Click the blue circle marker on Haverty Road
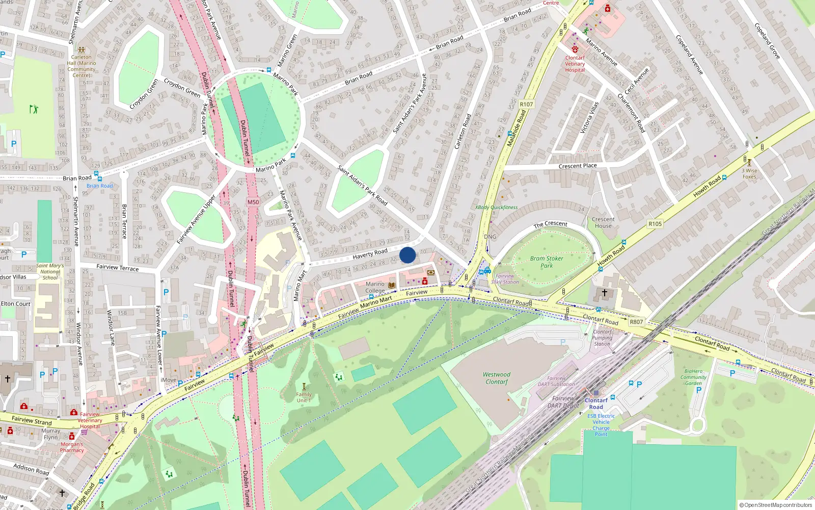tap(407, 255)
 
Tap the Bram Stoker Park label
tap(547, 262)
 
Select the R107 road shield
tap(526, 105)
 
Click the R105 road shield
tap(655, 224)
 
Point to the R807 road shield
tap(636, 322)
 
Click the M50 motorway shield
tap(253, 202)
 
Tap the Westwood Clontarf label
tap(497, 378)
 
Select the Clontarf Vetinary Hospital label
tap(575, 64)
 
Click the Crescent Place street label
tap(578, 166)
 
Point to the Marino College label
tap(375, 287)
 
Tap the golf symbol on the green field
tap(34, 109)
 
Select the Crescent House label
tap(603, 222)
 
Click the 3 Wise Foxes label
tap(749, 173)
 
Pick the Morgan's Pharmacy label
tap(72, 447)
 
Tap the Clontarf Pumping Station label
tap(602, 338)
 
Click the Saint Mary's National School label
tap(50, 271)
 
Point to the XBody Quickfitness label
tap(496, 208)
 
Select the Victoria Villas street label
tap(590, 118)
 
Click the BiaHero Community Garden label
tap(694, 377)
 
